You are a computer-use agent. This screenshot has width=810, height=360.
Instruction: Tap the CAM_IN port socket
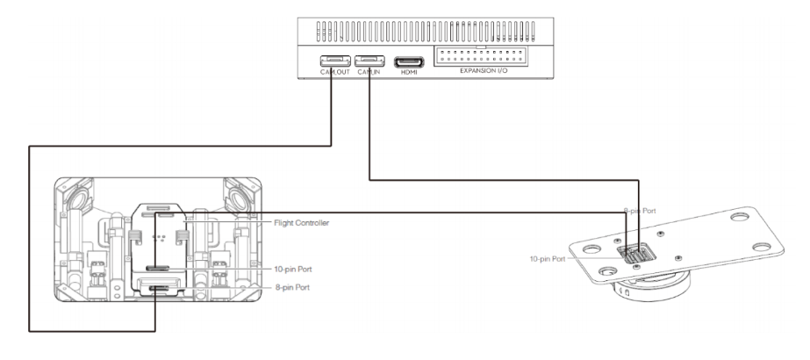coord(368,62)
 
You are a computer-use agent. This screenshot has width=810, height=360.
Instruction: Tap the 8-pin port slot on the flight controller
coord(159,288)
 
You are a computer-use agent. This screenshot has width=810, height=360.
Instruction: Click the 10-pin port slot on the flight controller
coord(159,269)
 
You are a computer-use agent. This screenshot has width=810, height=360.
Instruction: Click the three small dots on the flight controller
coord(159,237)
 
